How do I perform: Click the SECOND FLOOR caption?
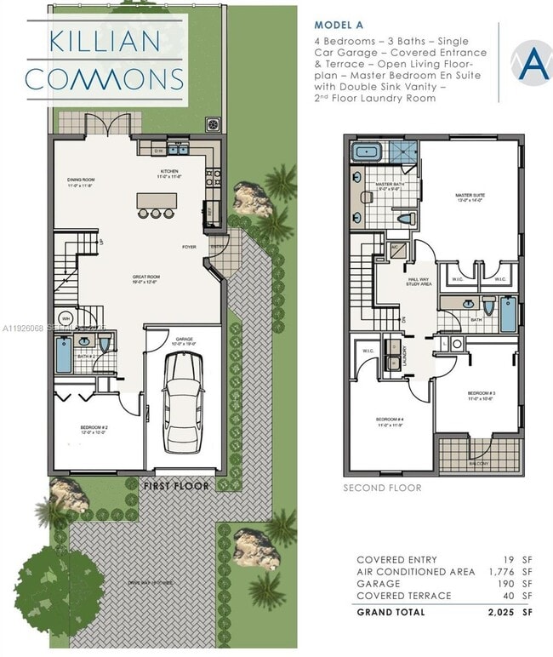tap(382, 488)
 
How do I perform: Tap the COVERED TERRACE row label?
tap(404, 596)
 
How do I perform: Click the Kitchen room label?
tap(169, 173)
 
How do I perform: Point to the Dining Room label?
tap(82, 180)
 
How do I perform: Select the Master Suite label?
tap(469, 197)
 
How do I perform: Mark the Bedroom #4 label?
tap(390, 420)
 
